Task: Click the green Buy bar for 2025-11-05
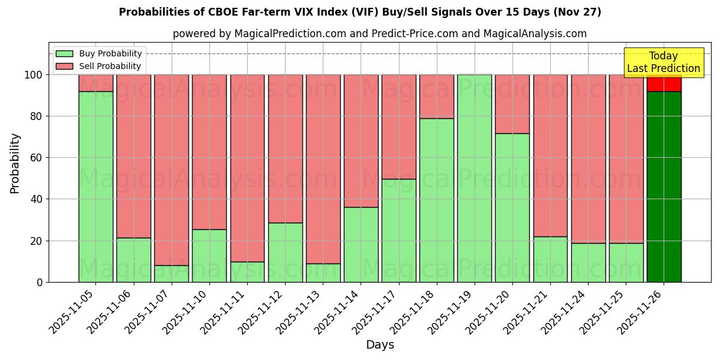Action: (x=95, y=187)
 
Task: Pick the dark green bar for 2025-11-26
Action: (x=664, y=187)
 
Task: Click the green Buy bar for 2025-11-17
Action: (x=398, y=230)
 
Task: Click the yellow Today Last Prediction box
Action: (x=664, y=62)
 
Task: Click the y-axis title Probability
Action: (x=15, y=163)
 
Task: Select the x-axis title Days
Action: (x=380, y=345)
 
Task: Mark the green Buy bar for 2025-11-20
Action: (x=512, y=208)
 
